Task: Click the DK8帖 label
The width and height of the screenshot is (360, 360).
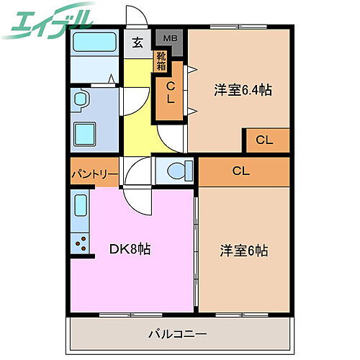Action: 130,250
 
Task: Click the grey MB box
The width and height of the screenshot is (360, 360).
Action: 171,39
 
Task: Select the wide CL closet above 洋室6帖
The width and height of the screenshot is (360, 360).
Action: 243,171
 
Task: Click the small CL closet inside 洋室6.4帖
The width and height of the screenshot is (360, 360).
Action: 266,140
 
